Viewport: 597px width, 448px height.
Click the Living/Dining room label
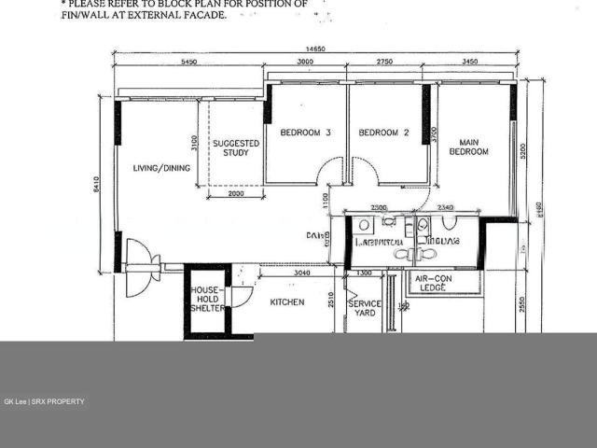pyautogui.click(x=160, y=168)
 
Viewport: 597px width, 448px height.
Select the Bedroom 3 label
pyautogui.click(x=305, y=133)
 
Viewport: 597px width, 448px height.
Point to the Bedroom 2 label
pyautogui.click(x=384, y=133)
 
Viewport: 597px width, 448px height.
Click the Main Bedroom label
pyautogui.click(x=468, y=147)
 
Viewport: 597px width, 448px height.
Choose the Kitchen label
pyautogui.click(x=286, y=302)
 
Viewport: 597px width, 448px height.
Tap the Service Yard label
pyautogui.click(x=365, y=309)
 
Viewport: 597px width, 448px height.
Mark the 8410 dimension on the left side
pyautogui.click(x=95, y=187)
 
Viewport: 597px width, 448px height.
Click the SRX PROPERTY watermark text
pyautogui.click(x=59, y=401)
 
